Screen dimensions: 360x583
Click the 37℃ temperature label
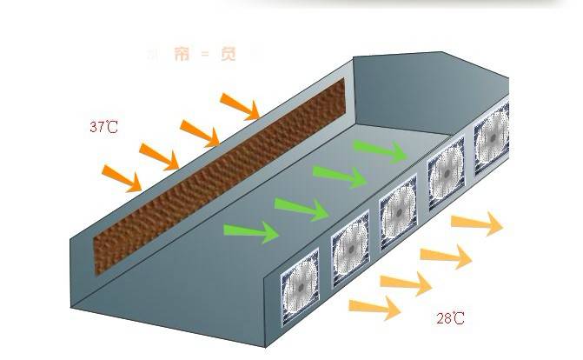[103, 127]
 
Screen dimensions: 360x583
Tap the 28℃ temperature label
[449, 319]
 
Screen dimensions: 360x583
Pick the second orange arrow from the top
[201, 132]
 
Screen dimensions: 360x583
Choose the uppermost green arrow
[381, 151]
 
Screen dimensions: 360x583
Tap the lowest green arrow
[251, 231]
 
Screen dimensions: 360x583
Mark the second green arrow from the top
[340, 177]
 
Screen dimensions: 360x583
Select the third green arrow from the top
[301, 209]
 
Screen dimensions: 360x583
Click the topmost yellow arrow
[478, 224]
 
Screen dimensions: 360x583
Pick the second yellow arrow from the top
[447, 256]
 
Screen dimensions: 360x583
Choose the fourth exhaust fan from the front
[447, 173]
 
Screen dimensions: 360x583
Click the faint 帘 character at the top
[180, 55]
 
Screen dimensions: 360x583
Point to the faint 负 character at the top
[228, 55]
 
